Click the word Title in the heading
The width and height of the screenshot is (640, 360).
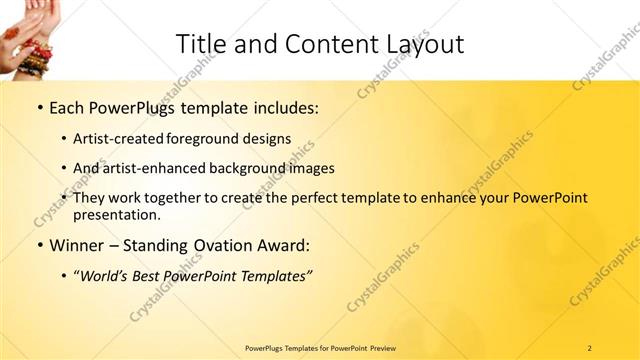pyautogui.click(x=198, y=43)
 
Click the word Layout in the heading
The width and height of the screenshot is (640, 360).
pyautogui.click(x=427, y=43)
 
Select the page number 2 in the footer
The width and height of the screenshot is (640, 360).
pyautogui.click(x=589, y=347)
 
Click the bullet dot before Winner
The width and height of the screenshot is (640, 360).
pyautogui.click(x=38, y=246)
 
